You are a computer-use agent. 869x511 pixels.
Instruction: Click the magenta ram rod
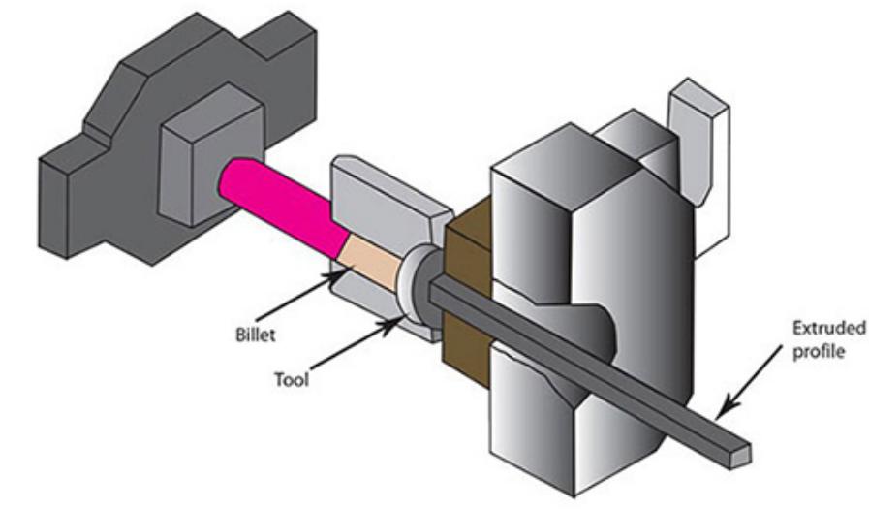281,204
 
